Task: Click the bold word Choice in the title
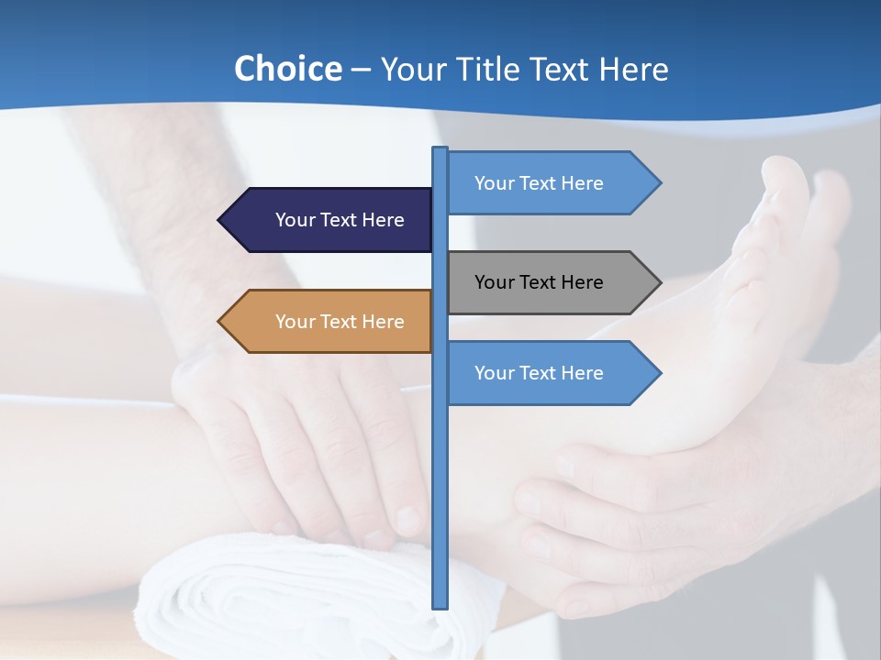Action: [288, 69]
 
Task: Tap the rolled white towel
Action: [275, 596]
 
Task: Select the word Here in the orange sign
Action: [383, 322]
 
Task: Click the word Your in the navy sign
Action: [296, 220]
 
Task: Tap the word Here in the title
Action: [633, 69]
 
